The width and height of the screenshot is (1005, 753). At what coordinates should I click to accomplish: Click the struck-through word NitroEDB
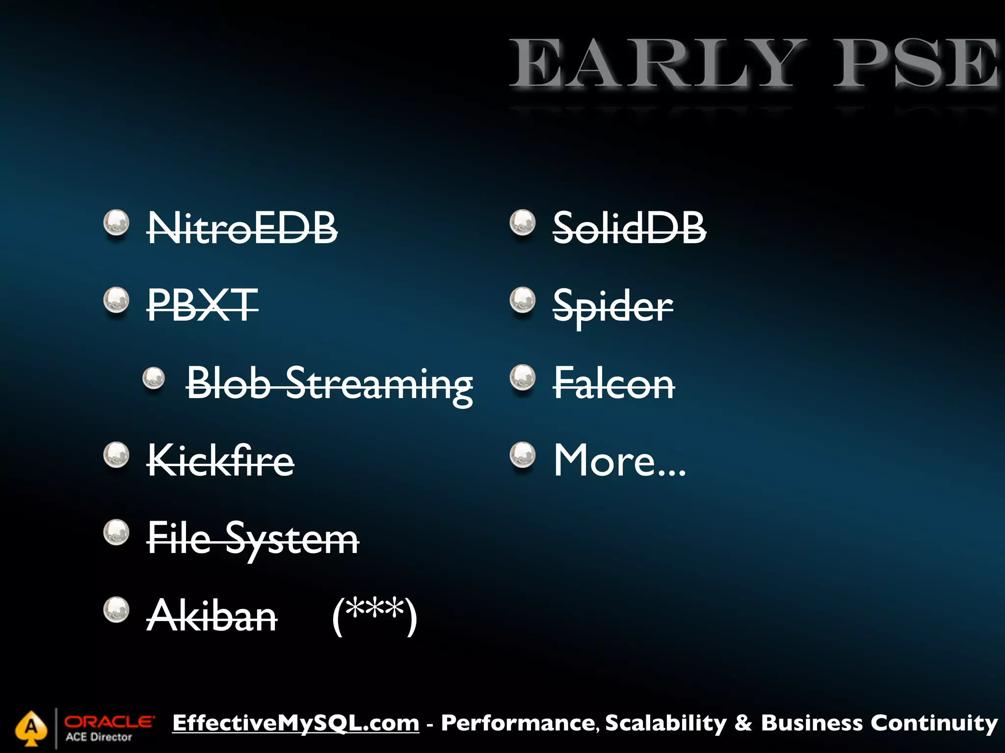(x=242, y=228)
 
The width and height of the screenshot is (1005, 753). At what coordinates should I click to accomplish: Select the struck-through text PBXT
(x=203, y=305)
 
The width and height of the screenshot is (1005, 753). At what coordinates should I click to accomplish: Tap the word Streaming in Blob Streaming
(x=379, y=385)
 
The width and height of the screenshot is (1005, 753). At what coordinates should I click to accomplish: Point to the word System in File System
(x=292, y=539)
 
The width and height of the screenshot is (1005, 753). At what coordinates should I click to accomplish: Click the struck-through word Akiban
(x=212, y=616)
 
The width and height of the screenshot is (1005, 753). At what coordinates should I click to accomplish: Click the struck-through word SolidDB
(x=630, y=228)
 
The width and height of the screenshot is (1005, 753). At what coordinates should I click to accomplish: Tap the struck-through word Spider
(x=613, y=306)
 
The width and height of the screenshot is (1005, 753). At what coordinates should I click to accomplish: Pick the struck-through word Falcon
(x=614, y=384)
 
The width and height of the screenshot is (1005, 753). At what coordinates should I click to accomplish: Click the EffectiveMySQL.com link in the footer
(x=296, y=723)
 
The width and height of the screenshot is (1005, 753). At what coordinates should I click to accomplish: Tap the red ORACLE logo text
(x=109, y=722)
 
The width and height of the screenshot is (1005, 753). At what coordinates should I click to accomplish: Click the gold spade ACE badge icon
(x=31, y=728)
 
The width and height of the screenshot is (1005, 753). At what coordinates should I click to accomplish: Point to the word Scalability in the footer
(x=666, y=723)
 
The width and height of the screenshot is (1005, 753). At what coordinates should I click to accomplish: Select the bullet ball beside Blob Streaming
(x=154, y=378)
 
